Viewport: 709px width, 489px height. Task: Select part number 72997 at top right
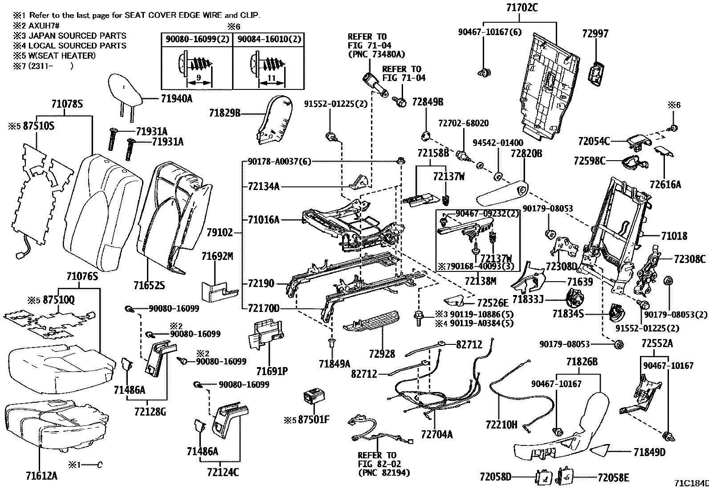pos(595,34)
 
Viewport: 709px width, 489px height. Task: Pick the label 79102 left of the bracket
pos(220,232)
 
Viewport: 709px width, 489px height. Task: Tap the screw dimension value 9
pos(199,78)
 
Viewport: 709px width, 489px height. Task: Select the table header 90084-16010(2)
pos(269,40)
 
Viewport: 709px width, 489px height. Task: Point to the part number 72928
pos(382,354)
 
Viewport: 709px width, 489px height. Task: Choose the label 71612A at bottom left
pos(41,477)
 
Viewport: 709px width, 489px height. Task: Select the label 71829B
pos(225,113)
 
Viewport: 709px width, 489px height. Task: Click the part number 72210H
pos(501,425)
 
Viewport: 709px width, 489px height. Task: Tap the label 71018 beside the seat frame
pos(674,236)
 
